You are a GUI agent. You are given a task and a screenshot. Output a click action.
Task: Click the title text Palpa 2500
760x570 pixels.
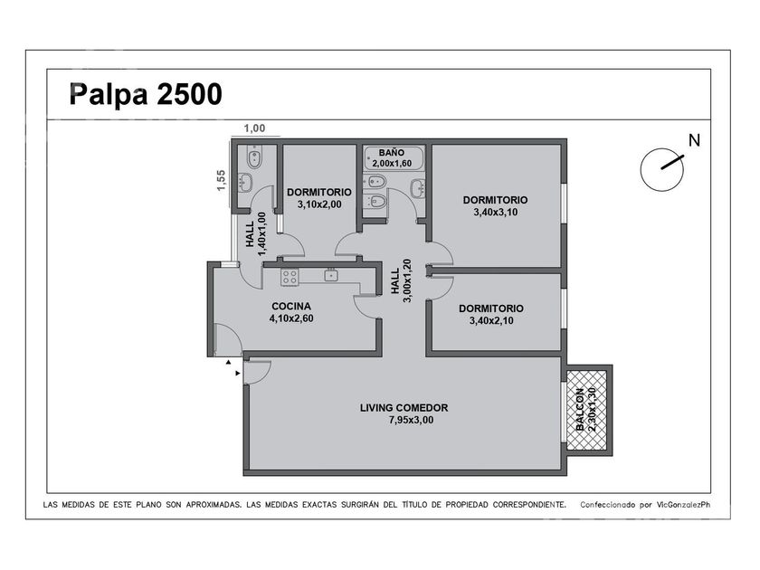[x=146, y=94]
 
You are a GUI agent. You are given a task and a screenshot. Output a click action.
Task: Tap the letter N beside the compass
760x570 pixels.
[x=695, y=140]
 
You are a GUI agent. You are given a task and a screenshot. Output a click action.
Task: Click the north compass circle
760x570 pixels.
[x=661, y=170]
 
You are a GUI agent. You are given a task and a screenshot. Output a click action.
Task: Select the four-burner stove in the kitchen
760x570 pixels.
[x=290, y=277]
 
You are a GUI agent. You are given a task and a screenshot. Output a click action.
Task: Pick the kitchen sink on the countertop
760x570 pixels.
[x=331, y=275]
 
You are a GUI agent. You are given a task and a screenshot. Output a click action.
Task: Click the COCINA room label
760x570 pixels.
[x=291, y=307]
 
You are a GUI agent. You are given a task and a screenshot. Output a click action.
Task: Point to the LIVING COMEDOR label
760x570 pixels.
[x=404, y=408]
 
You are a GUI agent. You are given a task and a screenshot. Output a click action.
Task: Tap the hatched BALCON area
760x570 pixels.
[x=586, y=410]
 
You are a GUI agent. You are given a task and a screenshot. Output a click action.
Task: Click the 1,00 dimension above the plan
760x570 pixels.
[x=254, y=128]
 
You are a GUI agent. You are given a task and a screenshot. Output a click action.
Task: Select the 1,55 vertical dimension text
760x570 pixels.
[x=221, y=180]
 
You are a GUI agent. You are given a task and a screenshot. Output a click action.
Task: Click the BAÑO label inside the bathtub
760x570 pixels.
[x=392, y=153]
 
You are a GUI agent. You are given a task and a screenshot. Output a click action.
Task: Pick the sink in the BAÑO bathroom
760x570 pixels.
[x=418, y=188]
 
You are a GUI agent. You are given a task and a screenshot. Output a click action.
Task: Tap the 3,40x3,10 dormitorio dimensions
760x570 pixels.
[x=496, y=212]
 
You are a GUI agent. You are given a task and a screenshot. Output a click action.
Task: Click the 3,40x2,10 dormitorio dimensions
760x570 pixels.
[x=491, y=320]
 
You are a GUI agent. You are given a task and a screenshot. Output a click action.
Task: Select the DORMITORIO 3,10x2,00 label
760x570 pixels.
[x=318, y=198]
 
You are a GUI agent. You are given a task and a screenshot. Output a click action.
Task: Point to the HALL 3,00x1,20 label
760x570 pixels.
[x=401, y=280]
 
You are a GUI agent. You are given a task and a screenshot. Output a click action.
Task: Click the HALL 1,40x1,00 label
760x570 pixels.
[x=255, y=234]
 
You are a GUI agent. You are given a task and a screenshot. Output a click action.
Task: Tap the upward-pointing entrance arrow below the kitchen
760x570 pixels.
[x=228, y=362]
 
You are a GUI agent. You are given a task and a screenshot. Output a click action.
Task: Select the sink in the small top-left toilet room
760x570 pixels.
[x=246, y=182]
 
